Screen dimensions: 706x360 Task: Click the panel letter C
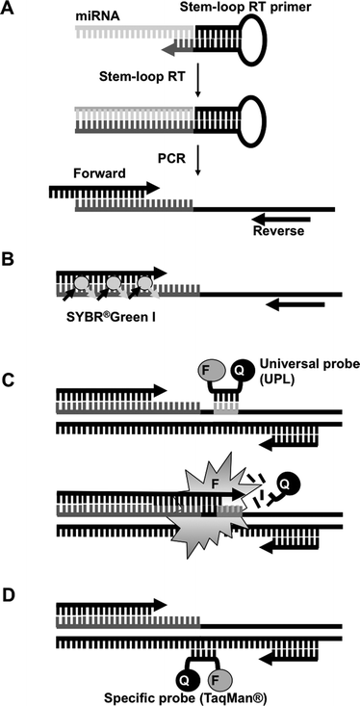(10, 383)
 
